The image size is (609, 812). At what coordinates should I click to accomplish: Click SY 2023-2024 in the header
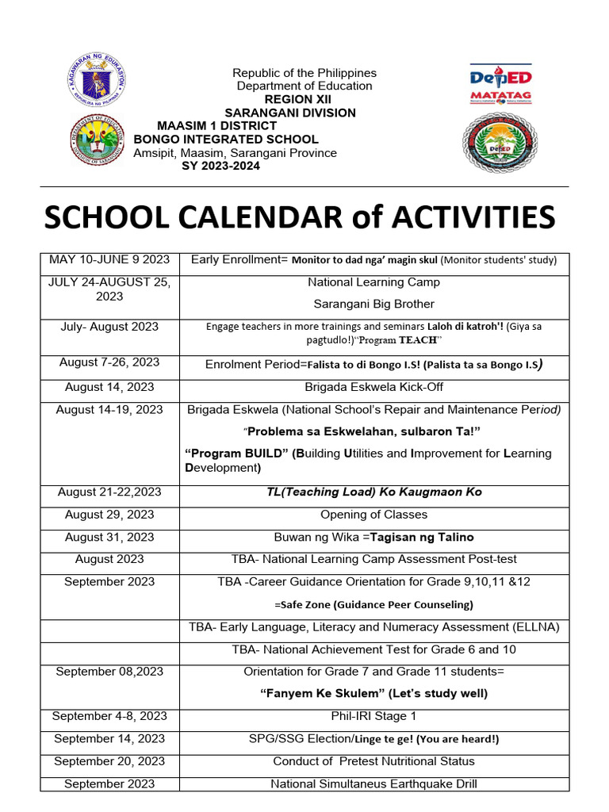(220, 166)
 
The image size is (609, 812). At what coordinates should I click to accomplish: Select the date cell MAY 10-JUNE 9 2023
(109, 259)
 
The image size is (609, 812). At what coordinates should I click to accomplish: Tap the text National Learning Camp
(373, 282)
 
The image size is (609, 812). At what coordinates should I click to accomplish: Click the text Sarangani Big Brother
(373, 304)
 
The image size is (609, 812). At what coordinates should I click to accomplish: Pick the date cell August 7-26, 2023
(109, 362)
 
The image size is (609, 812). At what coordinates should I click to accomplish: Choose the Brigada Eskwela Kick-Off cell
(373, 388)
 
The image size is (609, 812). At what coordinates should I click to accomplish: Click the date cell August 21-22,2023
(109, 492)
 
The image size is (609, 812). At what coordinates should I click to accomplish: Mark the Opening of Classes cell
(373, 515)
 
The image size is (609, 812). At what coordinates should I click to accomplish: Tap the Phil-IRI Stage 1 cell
(373, 716)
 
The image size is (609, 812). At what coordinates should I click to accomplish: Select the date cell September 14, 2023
(109, 738)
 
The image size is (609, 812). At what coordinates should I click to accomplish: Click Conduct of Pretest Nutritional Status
(373, 761)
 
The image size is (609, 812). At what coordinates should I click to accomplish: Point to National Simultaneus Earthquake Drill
(373, 784)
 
